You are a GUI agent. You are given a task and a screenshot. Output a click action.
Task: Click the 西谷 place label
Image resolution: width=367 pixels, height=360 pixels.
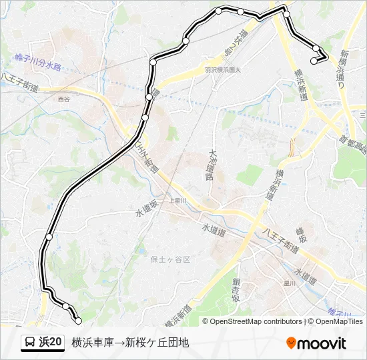[x=63, y=99]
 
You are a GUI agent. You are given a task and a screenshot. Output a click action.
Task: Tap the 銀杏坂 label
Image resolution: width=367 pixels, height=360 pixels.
[x=236, y=289]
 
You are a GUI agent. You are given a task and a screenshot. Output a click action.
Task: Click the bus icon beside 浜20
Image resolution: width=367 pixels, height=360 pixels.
[x=29, y=343]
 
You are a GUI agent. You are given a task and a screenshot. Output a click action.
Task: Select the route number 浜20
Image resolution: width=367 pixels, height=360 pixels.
[x=51, y=343]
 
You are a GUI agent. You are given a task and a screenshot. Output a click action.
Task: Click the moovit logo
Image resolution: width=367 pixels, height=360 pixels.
[x=316, y=343]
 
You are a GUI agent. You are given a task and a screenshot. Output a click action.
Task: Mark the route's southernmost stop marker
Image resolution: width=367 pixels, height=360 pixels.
[x=78, y=321]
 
